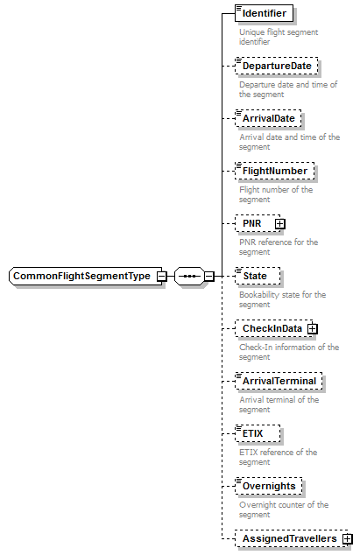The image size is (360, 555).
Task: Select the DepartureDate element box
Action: [277, 66]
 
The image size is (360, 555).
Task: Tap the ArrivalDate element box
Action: [270, 118]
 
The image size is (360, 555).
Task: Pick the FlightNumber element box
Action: [275, 171]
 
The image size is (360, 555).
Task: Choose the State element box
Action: [258, 276]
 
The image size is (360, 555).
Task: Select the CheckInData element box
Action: [272, 328]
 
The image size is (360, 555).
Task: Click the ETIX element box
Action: [258, 433]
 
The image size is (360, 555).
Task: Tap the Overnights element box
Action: [272, 486]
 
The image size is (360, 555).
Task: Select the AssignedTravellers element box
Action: [289, 538]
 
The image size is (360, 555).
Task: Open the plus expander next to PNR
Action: [280, 223]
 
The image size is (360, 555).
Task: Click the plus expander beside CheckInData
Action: [312, 328]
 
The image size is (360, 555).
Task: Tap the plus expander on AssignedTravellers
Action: [348, 538]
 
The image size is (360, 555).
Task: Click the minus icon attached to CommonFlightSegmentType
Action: [162, 277]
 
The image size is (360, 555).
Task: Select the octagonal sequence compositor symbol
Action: [188, 277]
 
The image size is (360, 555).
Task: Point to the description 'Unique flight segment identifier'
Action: [279, 36]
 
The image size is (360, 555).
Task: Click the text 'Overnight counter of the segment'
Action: [284, 509]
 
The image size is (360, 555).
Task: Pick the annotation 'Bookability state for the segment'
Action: [282, 299]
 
